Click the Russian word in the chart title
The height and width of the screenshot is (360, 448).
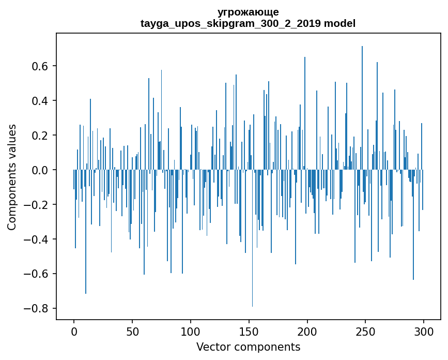[248, 12]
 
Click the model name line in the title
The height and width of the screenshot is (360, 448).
[248, 23]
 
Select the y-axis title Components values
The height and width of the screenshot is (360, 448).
[11, 177]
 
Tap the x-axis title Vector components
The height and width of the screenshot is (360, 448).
[248, 347]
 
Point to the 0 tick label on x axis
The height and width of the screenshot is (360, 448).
[74, 331]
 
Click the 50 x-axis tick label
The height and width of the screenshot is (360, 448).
[132, 331]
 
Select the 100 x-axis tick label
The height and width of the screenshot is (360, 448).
[191, 331]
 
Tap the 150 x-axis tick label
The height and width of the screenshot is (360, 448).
[249, 331]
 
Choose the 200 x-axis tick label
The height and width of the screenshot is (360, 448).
[307, 331]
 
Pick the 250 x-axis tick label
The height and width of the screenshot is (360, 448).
[366, 331]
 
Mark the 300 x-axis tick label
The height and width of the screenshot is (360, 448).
[424, 331]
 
